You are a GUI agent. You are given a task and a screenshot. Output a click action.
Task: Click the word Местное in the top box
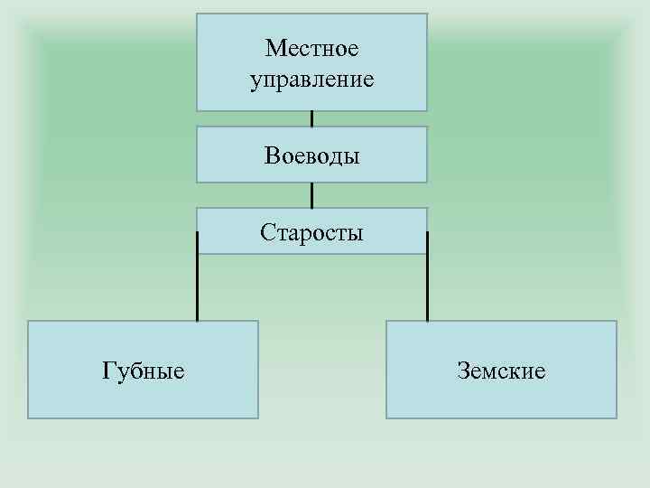point(311,47)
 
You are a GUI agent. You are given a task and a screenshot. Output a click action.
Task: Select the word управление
point(311,80)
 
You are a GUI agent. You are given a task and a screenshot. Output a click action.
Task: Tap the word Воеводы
point(311,155)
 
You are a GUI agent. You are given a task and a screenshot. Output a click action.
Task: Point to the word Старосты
point(311,233)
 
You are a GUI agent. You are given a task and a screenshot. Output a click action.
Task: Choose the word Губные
point(144,370)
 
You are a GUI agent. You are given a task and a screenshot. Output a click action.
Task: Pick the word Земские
point(501,370)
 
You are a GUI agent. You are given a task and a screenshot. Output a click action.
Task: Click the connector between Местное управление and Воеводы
point(311,118)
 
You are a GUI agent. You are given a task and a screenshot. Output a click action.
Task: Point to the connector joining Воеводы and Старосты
point(311,195)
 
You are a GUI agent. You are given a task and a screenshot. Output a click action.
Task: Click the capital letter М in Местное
point(274,47)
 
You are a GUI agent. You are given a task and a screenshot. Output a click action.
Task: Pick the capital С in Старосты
point(266,233)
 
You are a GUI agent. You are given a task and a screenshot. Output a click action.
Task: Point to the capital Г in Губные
point(108,370)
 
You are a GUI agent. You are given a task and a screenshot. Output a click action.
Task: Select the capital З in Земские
point(462,370)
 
